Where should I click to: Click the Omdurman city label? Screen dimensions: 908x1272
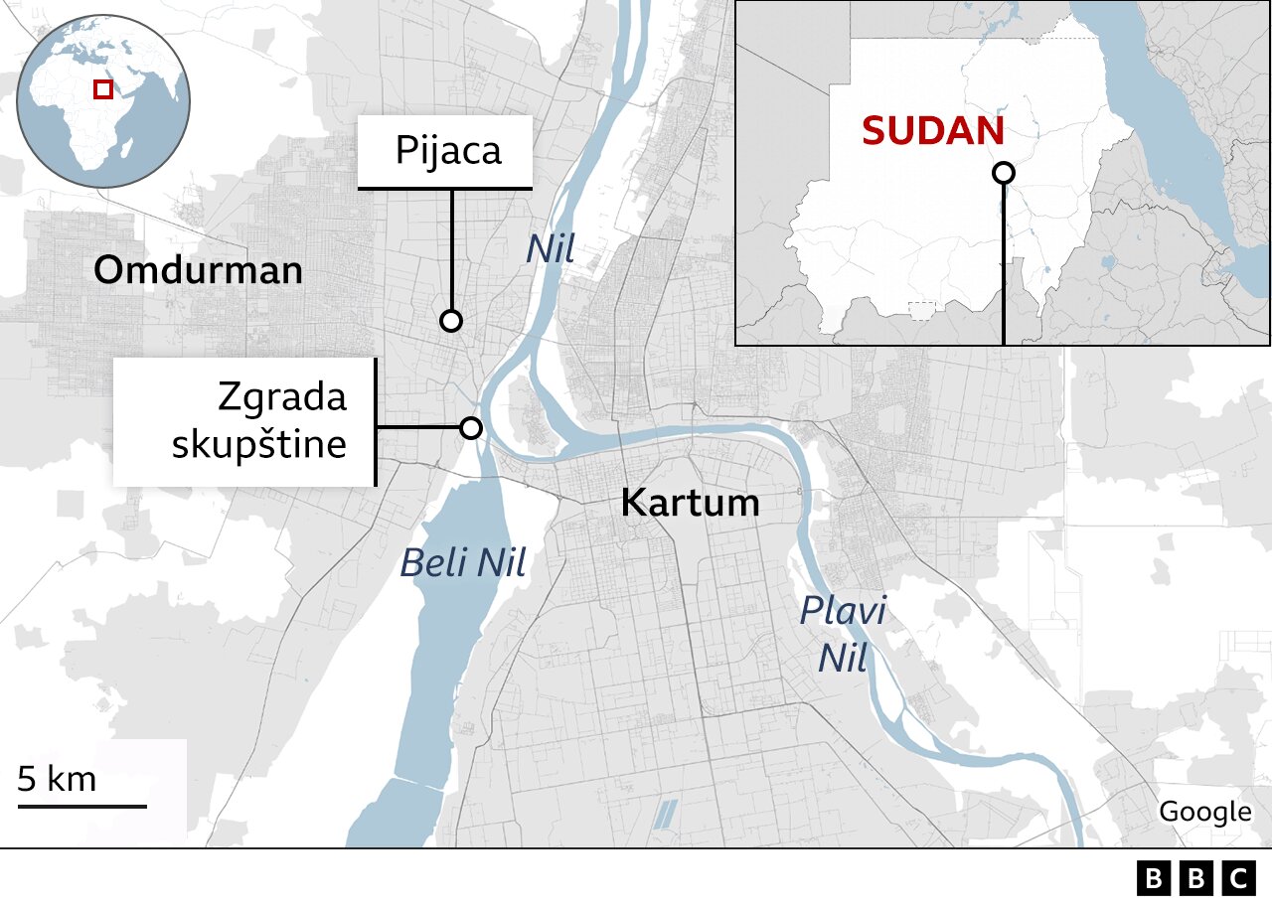click(x=198, y=270)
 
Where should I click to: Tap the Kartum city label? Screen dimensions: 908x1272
click(x=690, y=503)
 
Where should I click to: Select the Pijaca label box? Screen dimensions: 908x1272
click(x=446, y=152)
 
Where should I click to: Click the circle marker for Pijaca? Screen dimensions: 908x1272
click(x=451, y=321)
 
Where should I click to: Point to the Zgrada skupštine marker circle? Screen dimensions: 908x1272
click(x=471, y=428)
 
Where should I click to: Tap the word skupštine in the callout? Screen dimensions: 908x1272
click(x=259, y=444)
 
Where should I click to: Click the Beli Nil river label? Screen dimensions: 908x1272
click(x=462, y=564)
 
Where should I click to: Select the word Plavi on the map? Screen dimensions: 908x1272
click(x=844, y=611)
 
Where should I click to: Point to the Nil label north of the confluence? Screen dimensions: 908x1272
click(x=551, y=249)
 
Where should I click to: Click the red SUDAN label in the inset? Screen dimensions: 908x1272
click(x=932, y=131)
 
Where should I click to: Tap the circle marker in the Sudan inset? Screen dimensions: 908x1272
click(x=1004, y=173)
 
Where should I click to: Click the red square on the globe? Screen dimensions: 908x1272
click(x=102, y=89)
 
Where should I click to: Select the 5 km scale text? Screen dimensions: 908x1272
click(x=58, y=779)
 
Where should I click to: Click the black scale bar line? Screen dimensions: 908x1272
click(x=81, y=805)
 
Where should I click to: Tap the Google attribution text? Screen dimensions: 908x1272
click(x=1204, y=812)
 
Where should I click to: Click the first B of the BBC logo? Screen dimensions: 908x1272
click(x=1153, y=878)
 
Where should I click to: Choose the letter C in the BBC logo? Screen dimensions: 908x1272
click(x=1238, y=878)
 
